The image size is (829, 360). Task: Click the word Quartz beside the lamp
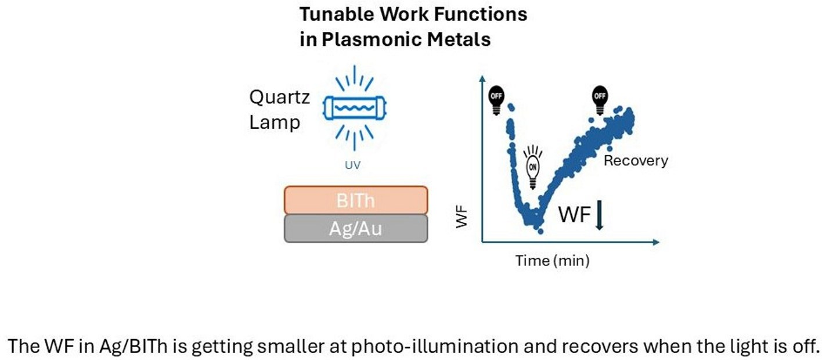click(x=279, y=98)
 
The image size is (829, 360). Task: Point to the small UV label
click(x=352, y=165)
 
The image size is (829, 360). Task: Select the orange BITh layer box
click(x=355, y=200)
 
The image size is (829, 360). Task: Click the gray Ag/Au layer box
click(x=355, y=229)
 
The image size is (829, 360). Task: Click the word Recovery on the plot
click(x=636, y=160)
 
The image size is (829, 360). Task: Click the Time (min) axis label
click(x=552, y=261)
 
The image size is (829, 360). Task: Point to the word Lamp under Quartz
click(x=275, y=123)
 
